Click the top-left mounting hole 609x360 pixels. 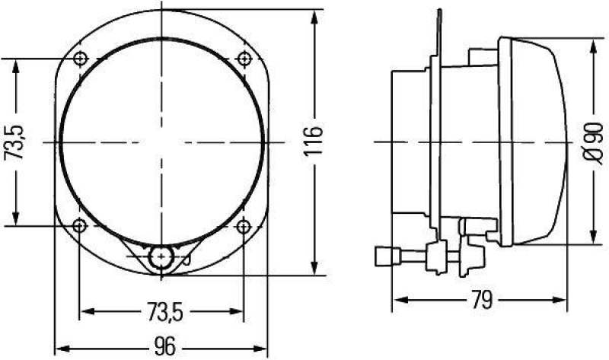click(80, 59)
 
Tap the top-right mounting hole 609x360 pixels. click(244, 59)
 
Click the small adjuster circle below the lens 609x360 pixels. click(161, 258)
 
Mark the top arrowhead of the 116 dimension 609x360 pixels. click(314, 15)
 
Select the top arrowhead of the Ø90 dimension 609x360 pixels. click(593, 42)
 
